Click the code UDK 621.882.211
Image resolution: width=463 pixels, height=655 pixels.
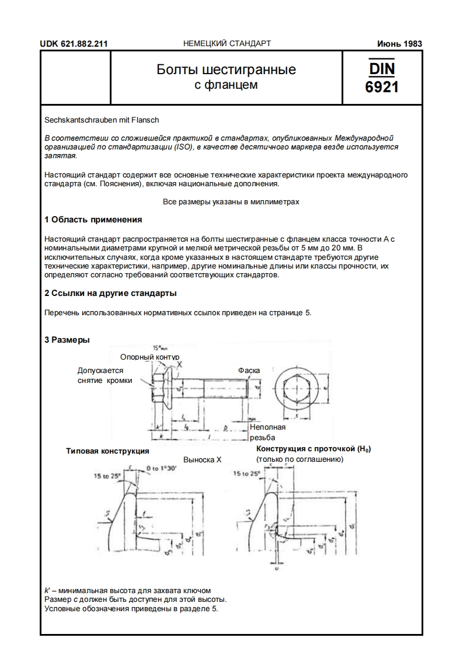pos(74,44)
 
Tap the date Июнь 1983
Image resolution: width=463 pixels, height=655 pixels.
pos(399,44)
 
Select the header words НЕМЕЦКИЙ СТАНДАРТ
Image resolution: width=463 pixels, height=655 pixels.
pos(227,44)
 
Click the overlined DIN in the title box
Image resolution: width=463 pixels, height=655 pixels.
pos(381,69)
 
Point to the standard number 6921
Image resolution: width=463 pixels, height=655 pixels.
pos(381,88)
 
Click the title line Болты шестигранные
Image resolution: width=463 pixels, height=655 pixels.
pos(226,70)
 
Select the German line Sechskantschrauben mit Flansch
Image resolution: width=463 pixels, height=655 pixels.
pos(102,120)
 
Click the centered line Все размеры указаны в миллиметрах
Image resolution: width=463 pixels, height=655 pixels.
pos(231,202)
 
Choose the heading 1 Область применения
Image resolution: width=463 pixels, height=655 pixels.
pos(93,220)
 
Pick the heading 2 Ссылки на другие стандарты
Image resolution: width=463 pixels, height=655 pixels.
pos(110,293)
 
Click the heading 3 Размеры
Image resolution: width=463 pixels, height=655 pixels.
pos(67,340)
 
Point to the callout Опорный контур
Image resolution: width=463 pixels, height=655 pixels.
pos(149,357)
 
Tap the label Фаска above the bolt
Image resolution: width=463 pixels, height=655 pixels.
pos(249,370)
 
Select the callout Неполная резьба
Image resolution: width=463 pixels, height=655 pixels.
pos(267,432)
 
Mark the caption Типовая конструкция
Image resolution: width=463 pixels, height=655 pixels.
pos(107,451)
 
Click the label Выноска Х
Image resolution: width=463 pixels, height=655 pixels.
pos(202,459)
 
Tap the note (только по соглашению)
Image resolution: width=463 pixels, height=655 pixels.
pos(300,459)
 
